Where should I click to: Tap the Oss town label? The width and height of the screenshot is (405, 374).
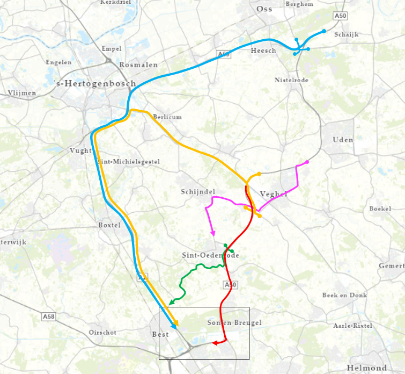click(x=264, y=9)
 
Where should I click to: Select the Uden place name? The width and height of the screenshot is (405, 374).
click(x=343, y=140)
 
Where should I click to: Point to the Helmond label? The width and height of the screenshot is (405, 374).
click(x=366, y=368)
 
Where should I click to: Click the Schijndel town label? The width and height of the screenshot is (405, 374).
click(x=198, y=192)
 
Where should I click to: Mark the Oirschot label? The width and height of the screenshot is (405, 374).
click(x=102, y=332)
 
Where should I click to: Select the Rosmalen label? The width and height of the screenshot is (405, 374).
click(x=138, y=64)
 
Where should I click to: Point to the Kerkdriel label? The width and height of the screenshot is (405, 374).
click(x=116, y=2)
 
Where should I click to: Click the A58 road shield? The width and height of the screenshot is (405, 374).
click(x=49, y=318)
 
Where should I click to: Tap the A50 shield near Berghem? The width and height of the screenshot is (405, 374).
click(x=340, y=17)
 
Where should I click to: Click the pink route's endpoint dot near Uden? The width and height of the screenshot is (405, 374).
click(x=307, y=162)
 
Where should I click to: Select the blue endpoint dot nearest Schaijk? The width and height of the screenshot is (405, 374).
click(x=324, y=31)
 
